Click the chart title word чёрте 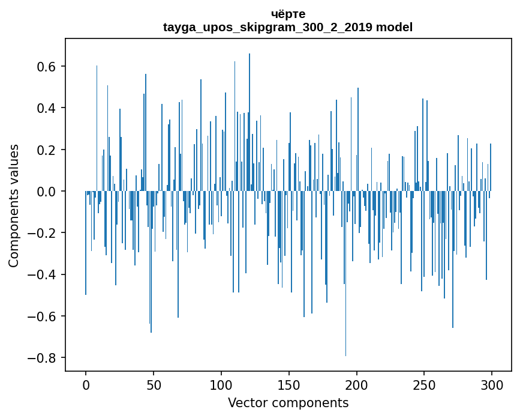pos(288,14)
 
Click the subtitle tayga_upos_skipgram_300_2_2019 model pos(288,27)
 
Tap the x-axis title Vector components pos(288,402)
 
